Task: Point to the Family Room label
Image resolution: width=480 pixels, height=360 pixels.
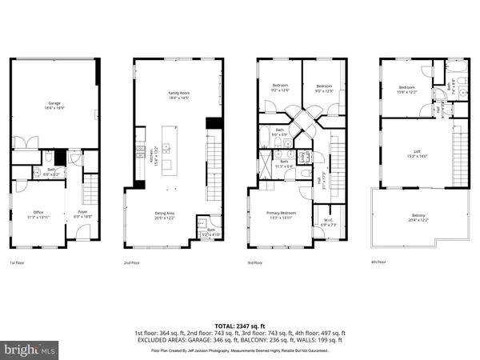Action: tap(178, 95)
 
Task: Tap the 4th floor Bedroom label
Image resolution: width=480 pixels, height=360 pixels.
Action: tap(407, 89)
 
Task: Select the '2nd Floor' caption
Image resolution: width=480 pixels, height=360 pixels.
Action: tap(134, 262)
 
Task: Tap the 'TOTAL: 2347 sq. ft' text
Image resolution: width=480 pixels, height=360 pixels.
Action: tap(240, 326)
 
